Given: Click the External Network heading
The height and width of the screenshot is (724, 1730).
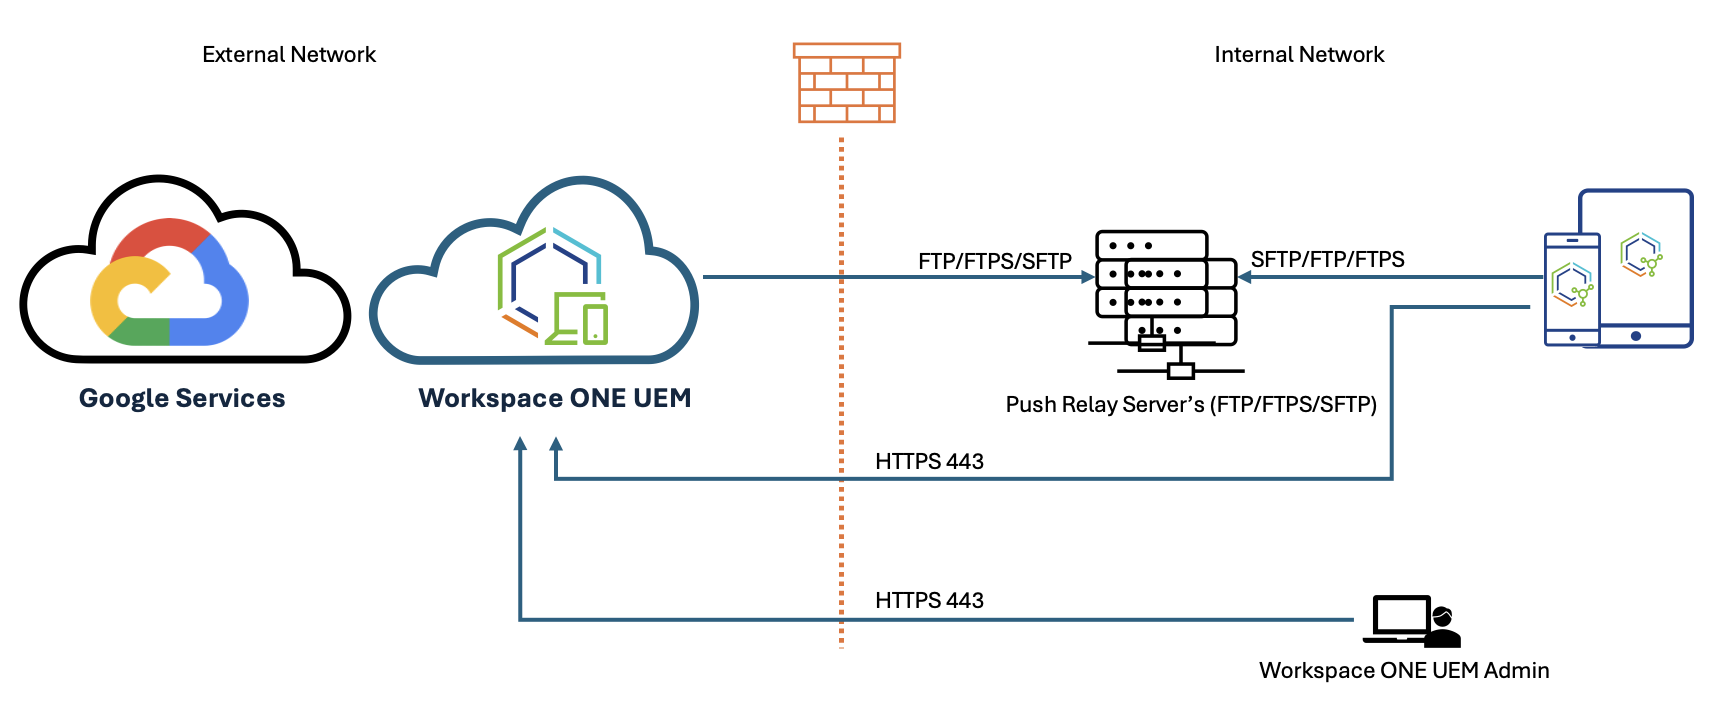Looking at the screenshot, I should (x=289, y=55).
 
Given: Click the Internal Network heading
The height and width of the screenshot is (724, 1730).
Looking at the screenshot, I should (x=1299, y=55).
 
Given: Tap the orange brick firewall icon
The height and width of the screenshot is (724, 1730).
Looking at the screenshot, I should (x=846, y=83).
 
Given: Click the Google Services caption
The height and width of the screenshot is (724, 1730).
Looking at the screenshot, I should (x=182, y=398).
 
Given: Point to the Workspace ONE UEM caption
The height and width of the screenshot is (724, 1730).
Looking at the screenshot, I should (x=555, y=398).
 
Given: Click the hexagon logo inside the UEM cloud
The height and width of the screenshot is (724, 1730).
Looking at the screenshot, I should (x=551, y=287).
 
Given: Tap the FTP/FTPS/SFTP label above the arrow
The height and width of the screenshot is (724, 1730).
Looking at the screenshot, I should (x=994, y=261).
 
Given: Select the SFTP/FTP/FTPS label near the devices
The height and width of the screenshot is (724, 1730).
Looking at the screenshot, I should (x=1327, y=259).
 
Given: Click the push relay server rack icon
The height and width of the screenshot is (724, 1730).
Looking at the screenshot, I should (x=1166, y=300).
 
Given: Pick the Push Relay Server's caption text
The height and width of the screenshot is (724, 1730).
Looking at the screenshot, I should (x=1191, y=404).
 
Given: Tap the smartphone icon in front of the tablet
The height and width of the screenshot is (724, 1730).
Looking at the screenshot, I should (x=1572, y=289).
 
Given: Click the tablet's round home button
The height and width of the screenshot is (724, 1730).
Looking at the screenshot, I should (x=1635, y=336).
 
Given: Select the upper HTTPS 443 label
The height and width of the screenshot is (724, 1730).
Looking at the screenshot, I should (x=929, y=461).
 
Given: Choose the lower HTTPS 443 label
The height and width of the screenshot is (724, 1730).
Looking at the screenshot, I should (x=929, y=600).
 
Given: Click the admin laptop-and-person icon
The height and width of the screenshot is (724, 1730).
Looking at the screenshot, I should (x=1412, y=621).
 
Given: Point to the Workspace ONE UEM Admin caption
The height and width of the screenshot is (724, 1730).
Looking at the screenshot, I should (x=1404, y=670).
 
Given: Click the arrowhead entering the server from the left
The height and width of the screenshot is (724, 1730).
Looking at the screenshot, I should (x=1088, y=277).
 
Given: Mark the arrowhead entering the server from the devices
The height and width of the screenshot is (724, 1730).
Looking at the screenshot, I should (x=1245, y=277).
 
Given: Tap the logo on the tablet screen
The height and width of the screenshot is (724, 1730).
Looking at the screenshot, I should (x=1641, y=255).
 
